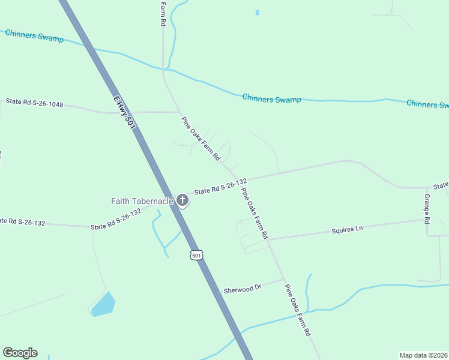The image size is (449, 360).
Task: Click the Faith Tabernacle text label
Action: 142,201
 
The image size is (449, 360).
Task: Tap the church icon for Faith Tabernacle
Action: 182,201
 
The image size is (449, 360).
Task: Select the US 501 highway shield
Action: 196,255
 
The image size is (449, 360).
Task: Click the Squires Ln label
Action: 348,229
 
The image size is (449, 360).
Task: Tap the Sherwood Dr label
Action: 243,289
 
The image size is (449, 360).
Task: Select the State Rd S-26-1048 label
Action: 34,103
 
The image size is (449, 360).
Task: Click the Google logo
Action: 20,353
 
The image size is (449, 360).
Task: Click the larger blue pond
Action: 103,305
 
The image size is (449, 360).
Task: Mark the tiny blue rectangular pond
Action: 258,13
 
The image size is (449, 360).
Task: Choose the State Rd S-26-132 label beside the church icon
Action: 220,187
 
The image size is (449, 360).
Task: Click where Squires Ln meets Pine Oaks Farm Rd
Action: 268,240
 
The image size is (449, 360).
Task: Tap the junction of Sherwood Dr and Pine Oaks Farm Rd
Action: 283,279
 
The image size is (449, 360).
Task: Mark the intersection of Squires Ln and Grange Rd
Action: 427,220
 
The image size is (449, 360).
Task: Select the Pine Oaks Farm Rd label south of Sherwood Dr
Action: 298,310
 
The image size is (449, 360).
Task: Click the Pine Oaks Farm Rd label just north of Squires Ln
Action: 254,214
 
